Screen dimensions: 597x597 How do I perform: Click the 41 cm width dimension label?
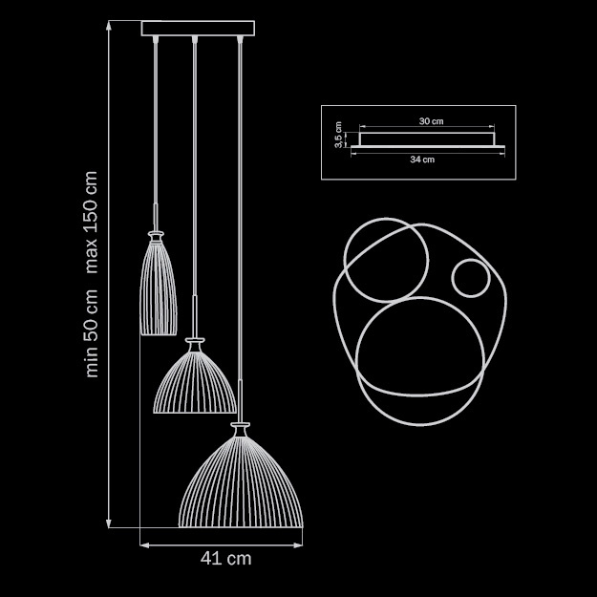pyautogui.click(x=226, y=559)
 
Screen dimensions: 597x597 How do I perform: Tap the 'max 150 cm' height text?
pyautogui.click(x=92, y=222)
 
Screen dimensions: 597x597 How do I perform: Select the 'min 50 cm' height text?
pyautogui.click(x=92, y=330)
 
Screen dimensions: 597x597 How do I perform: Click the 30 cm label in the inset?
pyautogui.click(x=431, y=122)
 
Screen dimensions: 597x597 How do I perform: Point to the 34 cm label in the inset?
pyautogui.click(x=422, y=160)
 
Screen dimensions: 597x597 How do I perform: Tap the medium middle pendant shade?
pyautogui.click(x=195, y=382)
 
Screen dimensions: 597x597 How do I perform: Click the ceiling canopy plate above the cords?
pyautogui.click(x=199, y=29)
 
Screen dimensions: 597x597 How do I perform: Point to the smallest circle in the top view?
pyautogui.click(x=470, y=279)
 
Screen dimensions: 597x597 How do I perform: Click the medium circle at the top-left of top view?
pyautogui.click(x=382, y=260)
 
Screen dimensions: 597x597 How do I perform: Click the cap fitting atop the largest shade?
pyautogui.click(x=241, y=421)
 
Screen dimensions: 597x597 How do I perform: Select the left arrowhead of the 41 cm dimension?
pyautogui.click(x=144, y=545)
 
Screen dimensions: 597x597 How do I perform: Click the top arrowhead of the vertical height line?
pyautogui.click(x=111, y=26)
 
